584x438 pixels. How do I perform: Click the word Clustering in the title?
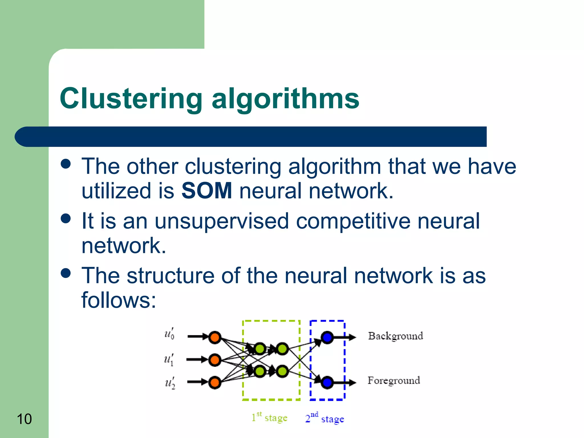(131, 99)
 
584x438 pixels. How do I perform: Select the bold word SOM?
(207, 191)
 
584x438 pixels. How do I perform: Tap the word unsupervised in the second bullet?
(222, 221)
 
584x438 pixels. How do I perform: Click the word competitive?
(353, 221)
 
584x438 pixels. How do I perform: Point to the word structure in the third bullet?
(170, 276)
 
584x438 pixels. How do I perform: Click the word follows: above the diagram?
(119, 300)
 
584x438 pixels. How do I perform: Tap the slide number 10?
(24, 419)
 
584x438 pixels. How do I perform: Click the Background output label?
(395, 336)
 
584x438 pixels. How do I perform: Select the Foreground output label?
(394, 381)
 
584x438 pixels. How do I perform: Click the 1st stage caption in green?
(269, 418)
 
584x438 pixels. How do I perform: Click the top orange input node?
(215, 338)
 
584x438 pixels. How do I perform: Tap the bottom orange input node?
(215, 382)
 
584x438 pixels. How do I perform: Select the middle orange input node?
(215, 360)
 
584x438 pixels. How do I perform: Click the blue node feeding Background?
(327, 338)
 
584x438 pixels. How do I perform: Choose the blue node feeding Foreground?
(327, 382)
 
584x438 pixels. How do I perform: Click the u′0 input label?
(169, 334)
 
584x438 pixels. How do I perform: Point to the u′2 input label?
(170, 383)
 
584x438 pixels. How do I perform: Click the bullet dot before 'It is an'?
(66, 218)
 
